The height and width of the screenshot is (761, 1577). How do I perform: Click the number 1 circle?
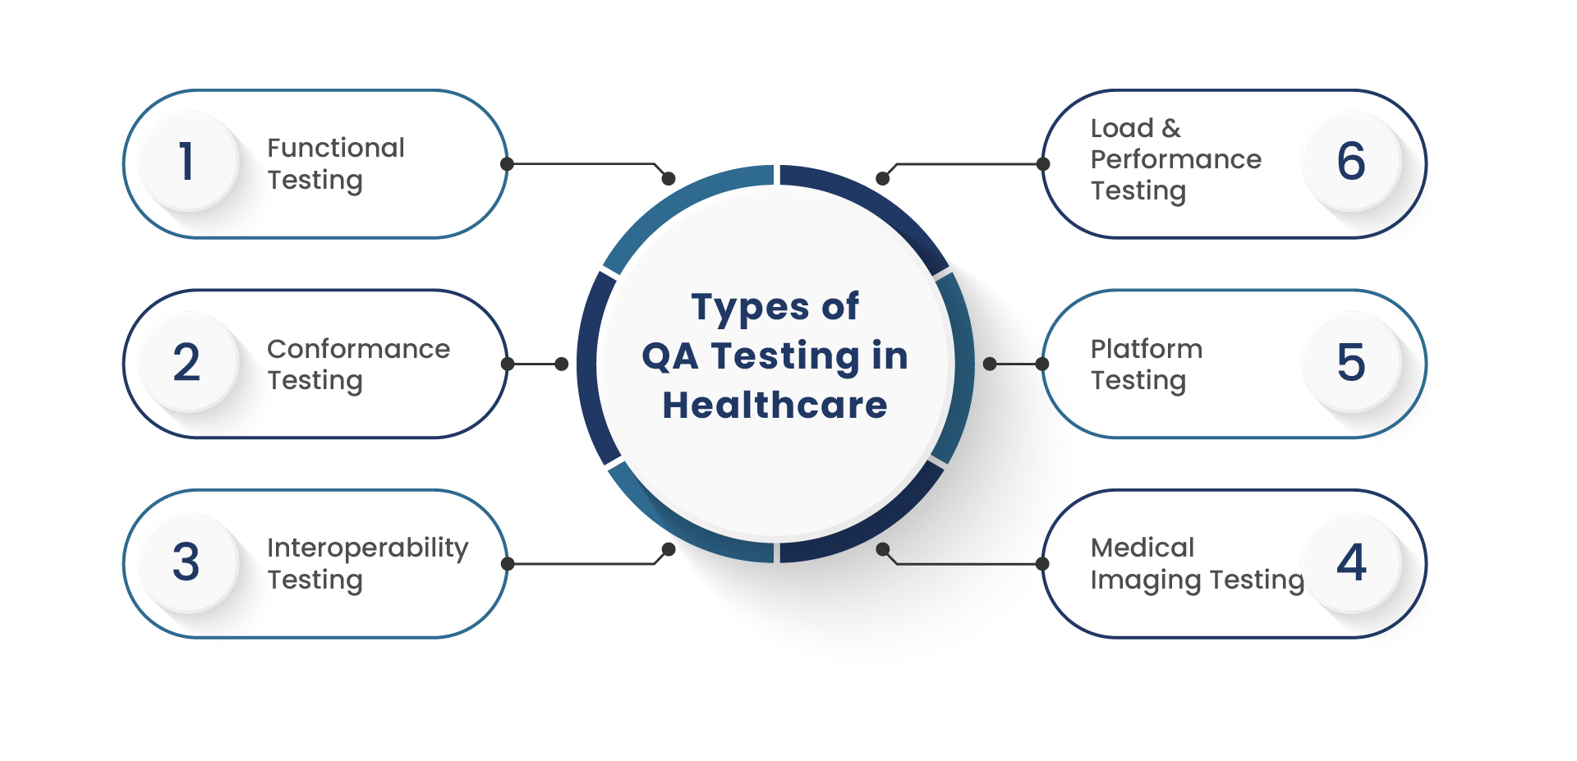[x=188, y=160]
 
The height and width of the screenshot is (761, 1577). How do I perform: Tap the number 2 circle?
[x=188, y=362]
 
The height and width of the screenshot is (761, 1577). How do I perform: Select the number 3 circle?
[x=188, y=562]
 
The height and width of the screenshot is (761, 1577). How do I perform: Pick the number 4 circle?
[x=1351, y=562]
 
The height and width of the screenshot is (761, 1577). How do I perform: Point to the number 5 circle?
[x=1351, y=362]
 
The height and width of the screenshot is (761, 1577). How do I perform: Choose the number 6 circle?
[x=1351, y=160]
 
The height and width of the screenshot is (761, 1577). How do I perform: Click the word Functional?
[x=336, y=148]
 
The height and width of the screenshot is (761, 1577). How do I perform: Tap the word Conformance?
[x=359, y=349]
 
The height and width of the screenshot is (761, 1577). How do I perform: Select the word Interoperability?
[x=368, y=548]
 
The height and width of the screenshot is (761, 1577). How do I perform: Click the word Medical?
[x=1143, y=548]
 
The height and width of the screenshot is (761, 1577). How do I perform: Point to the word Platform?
[x=1147, y=349]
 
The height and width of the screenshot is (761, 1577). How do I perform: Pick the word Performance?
[x=1176, y=159]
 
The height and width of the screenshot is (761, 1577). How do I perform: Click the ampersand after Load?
[x=1171, y=128]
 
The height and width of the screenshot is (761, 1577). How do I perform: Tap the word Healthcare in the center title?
[x=775, y=405]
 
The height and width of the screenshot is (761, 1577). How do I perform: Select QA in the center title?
[x=670, y=356]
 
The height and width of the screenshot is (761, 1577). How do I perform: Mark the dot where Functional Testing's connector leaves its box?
[x=507, y=164]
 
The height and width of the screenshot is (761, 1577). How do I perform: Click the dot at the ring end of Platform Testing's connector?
[x=990, y=364]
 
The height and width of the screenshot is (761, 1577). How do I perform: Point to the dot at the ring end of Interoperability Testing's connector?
[x=669, y=549]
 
